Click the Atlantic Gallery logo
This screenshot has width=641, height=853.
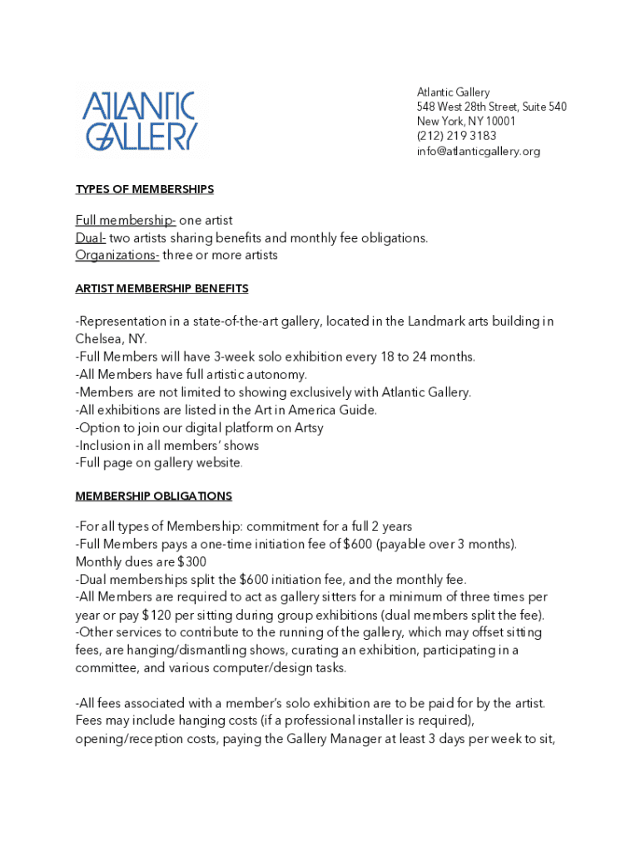point(139,121)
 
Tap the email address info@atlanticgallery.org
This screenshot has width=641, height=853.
point(479,151)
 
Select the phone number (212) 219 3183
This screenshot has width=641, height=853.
point(456,136)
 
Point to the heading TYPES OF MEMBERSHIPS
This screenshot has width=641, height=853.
point(145,189)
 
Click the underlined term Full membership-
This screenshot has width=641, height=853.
point(125,220)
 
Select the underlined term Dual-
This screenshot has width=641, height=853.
point(91,237)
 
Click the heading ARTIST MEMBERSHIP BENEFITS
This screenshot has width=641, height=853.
point(161,288)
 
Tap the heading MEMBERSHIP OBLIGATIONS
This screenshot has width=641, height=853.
point(153,496)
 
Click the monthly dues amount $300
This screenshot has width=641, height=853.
point(191,561)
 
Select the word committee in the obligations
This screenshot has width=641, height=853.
point(105,667)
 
